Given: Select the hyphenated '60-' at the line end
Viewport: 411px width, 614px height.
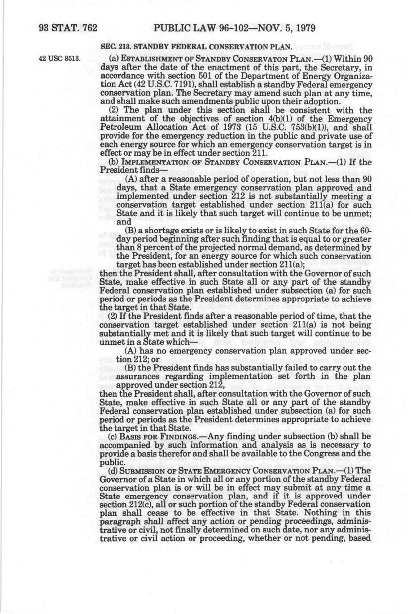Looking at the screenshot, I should point(367,230).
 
